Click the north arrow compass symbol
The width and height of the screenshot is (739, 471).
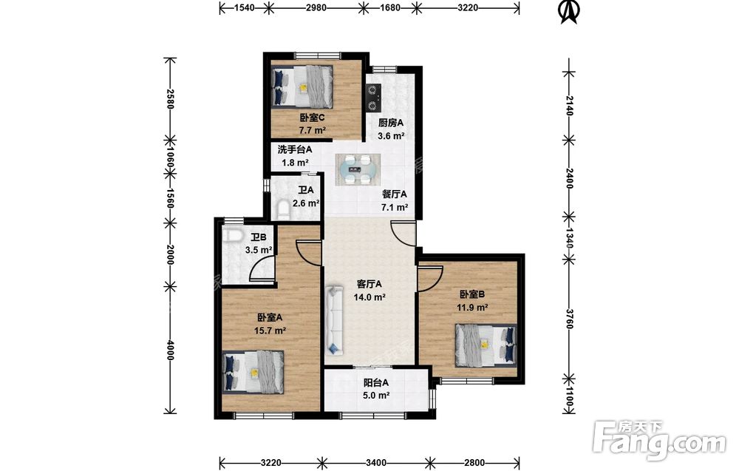tap(568, 12)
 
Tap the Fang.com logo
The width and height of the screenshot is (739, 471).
tap(660, 439)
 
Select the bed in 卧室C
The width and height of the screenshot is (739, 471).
tap(302, 86)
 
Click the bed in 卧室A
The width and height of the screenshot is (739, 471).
tap(253, 371)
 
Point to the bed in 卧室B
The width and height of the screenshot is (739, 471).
tap(486, 345)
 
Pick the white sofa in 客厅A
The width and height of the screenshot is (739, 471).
tap(334, 319)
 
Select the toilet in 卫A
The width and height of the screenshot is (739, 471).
tap(283, 210)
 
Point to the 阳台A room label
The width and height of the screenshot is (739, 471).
tap(375, 383)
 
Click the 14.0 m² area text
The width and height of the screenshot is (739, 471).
tap(370, 297)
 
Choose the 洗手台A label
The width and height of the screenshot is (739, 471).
tap(295, 150)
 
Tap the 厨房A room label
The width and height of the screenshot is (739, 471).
tap(391, 123)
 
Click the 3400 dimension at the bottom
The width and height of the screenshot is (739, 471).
tap(375, 463)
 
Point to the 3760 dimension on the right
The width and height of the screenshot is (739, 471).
tap(569, 319)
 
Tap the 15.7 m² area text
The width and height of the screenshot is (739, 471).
tap(270, 331)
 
